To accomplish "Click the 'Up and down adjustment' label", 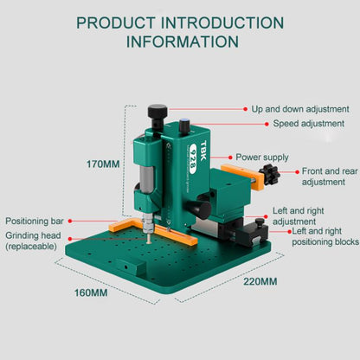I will tap(300, 110).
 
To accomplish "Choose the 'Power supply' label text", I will tap(262, 157).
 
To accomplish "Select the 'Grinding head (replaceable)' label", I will tap(35, 240).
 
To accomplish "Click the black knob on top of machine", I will tap(157, 112).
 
